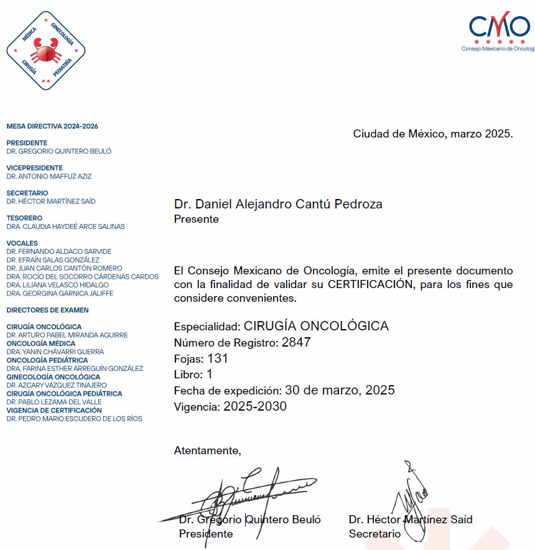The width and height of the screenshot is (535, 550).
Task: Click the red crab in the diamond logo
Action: [x=45, y=50]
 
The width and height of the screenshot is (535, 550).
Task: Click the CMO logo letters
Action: [x=499, y=26]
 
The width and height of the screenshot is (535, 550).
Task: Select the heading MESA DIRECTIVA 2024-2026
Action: [x=52, y=126]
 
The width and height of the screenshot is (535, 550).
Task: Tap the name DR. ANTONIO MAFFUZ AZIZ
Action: [x=49, y=176]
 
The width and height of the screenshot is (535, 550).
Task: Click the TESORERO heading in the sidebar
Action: [x=24, y=218]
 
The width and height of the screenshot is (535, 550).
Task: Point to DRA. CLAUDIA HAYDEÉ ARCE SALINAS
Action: [x=65, y=226]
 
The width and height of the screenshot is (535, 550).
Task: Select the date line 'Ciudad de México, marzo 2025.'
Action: [x=432, y=134]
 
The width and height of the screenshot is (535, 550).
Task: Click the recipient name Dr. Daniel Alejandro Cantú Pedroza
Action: [x=278, y=204]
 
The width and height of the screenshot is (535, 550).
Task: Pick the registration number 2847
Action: [x=295, y=342]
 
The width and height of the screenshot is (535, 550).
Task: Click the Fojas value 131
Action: [x=218, y=358]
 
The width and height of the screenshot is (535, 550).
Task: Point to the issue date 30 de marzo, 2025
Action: [x=340, y=391]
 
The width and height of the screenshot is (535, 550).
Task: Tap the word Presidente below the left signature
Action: [x=206, y=534]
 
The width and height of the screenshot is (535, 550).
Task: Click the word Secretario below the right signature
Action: [x=374, y=534]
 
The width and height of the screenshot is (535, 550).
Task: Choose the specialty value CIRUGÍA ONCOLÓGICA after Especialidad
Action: [x=316, y=326]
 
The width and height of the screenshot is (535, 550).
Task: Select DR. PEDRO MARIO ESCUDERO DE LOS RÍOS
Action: [x=74, y=419]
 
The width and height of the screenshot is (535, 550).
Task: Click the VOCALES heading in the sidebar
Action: [x=22, y=243]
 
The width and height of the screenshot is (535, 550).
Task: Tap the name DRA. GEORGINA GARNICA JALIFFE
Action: [x=60, y=293]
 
